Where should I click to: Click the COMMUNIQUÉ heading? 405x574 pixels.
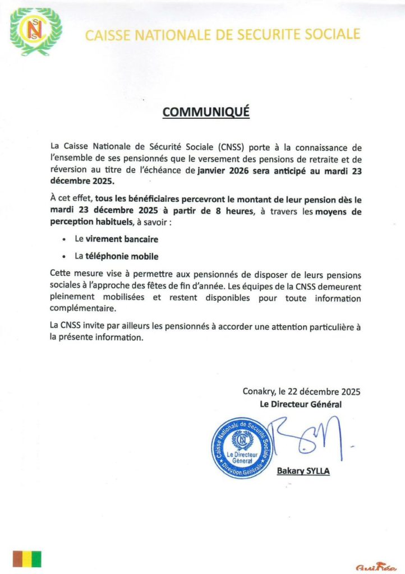coord(205,112)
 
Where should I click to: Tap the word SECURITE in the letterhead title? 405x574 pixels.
coord(260,35)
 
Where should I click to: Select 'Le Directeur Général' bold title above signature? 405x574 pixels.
coord(301,404)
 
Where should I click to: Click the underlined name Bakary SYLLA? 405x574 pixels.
coord(303,471)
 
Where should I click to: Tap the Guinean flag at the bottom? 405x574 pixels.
coord(27,559)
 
